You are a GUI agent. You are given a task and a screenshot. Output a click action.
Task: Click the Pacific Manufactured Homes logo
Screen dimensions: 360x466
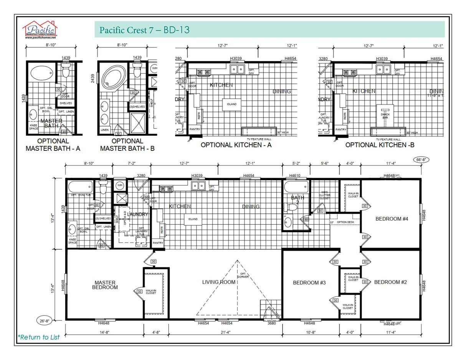tap(40, 30)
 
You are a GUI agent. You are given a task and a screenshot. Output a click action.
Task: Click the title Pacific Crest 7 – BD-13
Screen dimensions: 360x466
tap(144, 30)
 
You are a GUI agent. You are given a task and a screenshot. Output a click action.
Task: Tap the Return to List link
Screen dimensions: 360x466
tap(39, 337)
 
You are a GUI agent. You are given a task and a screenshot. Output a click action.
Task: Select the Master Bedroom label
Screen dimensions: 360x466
tap(105, 285)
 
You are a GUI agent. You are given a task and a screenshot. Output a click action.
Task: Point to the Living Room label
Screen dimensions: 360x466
tap(218, 282)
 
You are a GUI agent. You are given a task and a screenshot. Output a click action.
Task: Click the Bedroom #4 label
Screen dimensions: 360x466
tap(391, 219)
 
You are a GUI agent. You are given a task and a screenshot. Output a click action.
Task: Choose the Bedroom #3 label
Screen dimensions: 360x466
tap(309, 282)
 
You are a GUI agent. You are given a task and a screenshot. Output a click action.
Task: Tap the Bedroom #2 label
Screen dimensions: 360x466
tap(390, 282)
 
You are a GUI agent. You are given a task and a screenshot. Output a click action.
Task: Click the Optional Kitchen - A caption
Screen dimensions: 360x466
tap(236, 145)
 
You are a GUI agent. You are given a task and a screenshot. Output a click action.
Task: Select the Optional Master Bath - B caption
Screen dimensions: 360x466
tap(127, 145)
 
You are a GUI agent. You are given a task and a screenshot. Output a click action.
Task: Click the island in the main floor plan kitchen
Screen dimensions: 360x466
tap(193, 219)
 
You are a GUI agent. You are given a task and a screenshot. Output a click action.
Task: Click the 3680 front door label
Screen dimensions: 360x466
tap(271, 323)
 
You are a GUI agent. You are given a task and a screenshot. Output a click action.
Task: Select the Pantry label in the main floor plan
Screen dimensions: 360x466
tap(158, 243)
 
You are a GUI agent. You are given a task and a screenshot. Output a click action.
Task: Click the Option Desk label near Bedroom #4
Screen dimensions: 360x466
tap(345, 222)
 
